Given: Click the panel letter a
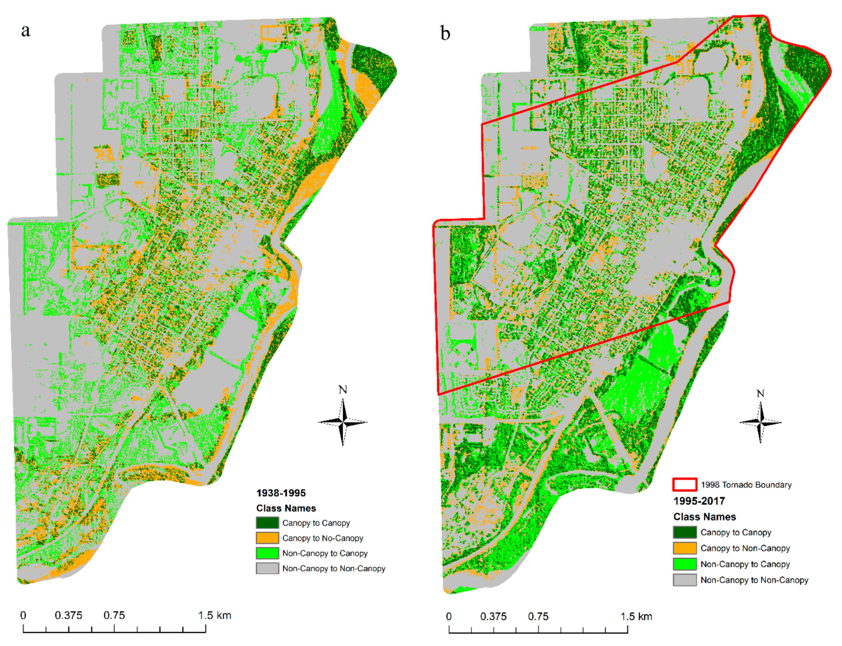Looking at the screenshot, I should click(25, 31).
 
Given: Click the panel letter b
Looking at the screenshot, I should click(445, 34).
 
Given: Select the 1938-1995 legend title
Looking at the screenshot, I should click(281, 493).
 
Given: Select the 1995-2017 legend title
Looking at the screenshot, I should click(699, 501).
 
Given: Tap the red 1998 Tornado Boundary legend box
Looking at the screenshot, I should click(684, 485).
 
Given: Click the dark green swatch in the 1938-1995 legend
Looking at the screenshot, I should click(267, 523).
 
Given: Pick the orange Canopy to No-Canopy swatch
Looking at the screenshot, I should click(267, 538).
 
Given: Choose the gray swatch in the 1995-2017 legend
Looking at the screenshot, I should click(684, 580).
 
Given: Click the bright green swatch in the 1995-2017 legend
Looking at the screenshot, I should click(684, 564).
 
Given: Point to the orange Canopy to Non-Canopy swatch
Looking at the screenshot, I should click(684, 548).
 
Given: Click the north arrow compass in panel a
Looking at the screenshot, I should click(342, 422).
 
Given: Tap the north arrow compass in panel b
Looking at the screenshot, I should click(760, 423).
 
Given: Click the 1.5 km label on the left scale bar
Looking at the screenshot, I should click(214, 615).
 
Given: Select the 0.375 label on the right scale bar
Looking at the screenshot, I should click(493, 616).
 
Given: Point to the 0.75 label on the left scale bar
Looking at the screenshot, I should click(114, 615).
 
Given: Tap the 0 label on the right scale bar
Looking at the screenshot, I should click(448, 616).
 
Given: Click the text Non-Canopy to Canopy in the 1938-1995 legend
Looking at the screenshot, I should click(325, 553).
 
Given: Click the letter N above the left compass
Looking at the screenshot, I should click(342, 390).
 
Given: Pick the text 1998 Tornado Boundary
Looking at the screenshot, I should click(746, 485).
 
